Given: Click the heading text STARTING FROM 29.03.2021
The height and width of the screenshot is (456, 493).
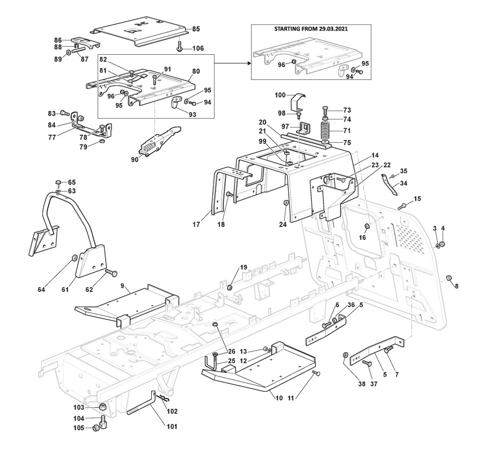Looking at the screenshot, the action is [x=311, y=29].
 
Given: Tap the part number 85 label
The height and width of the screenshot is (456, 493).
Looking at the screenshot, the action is [x=196, y=29].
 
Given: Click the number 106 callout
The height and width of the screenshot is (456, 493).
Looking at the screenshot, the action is [x=198, y=48].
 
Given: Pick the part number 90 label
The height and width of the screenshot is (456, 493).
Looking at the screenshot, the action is [x=135, y=160].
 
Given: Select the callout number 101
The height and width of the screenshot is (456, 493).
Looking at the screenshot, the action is [x=172, y=426].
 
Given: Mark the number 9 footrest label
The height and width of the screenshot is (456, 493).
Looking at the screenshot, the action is [x=123, y=286].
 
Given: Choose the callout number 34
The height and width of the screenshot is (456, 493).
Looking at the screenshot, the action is [x=403, y=183].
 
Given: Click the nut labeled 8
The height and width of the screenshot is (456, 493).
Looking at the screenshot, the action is [x=450, y=277].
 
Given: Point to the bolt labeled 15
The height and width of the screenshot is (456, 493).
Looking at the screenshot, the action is [x=402, y=207].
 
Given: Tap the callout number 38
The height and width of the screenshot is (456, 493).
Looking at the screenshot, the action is [x=362, y=384].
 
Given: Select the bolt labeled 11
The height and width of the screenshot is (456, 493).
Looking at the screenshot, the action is [x=317, y=373].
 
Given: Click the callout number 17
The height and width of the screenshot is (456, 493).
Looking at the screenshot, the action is [x=196, y=225].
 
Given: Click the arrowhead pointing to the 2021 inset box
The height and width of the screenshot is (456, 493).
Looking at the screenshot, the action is [x=249, y=63].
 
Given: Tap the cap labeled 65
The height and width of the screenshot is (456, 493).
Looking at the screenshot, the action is [x=58, y=183].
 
